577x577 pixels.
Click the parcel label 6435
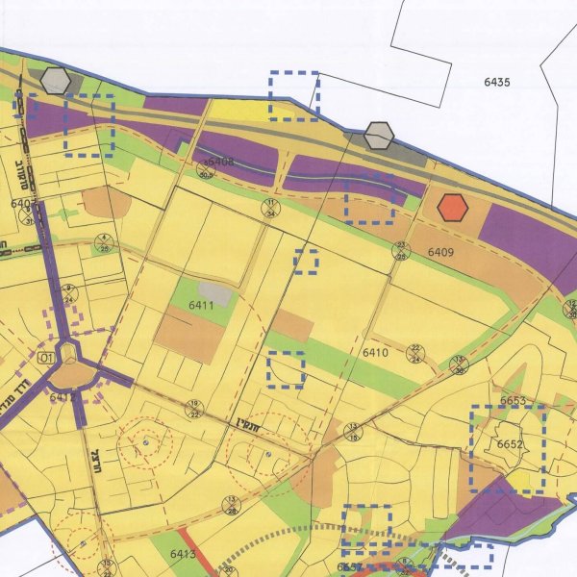click(x=497, y=82)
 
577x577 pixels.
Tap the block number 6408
click(x=220, y=162)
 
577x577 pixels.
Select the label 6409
click(x=439, y=252)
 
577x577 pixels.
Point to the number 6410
click(x=375, y=353)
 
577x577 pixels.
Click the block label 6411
click(x=201, y=305)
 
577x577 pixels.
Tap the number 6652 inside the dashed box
click(x=510, y=444)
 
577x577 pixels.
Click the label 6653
click(x=513, y=401)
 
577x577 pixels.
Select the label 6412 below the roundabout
click(x=63, y=396)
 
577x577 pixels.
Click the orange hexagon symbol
click(x=452, y=207)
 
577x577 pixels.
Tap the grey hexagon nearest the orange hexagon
click(x=380, y=137)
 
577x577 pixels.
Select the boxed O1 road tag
click(x=43, y=357)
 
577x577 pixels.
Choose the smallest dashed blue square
click(x=306, y=261)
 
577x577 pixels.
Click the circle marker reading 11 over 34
click(x=272, y=209)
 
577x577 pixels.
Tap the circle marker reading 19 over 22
click(x=194, y=408)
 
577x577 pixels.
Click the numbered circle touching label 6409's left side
click(x=403, y=251)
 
